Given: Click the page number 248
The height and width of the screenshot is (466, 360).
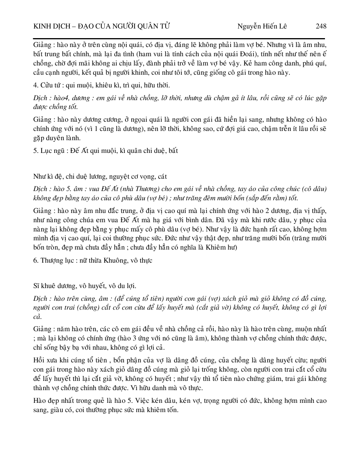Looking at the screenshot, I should [321, 26].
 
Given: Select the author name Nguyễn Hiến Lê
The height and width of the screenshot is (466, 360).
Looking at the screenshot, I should [262, 26].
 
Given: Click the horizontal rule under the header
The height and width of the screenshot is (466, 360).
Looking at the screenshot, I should [179, 39].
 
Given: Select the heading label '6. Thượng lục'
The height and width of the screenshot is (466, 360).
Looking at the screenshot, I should [54, 260].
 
